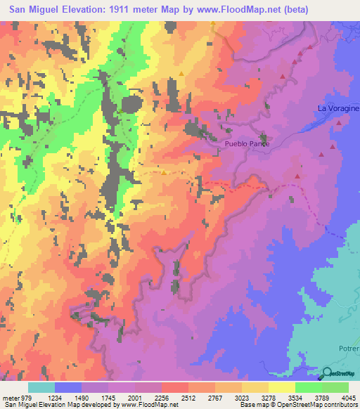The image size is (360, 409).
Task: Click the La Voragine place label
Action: click(x=337, y=108)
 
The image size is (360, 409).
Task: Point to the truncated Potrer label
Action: click(x=347, y=357)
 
